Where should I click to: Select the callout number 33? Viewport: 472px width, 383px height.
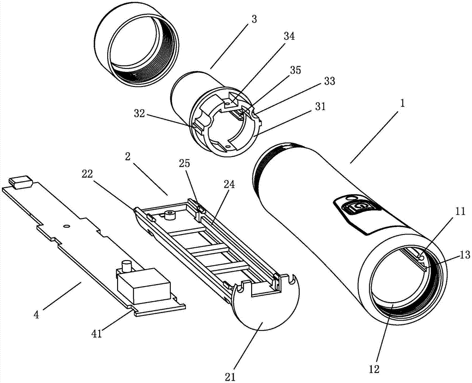[x=329, y=81]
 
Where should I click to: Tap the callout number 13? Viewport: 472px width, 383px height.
[x=465, y=255]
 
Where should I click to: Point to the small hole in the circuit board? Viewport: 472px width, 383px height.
[x=67, y=226]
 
